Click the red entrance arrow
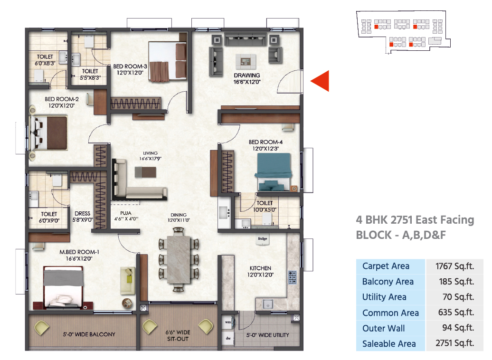(320, 81)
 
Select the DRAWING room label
(247, 76)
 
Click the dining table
(179, 260)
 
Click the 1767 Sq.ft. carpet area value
(454, 266)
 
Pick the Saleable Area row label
(389, 344)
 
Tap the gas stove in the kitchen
(292, 277)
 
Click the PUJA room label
(125, 213)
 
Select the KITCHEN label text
(260, 268)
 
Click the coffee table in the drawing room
(246, 61)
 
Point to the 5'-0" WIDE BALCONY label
(89, 334)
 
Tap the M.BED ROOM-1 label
(79, 252)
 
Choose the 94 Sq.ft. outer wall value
(458, 328)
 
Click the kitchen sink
(268, 304)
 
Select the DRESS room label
(83, 213)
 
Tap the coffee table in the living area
(145, 172)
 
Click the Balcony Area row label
(388, 282)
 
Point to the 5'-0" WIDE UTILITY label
(268, 335)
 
